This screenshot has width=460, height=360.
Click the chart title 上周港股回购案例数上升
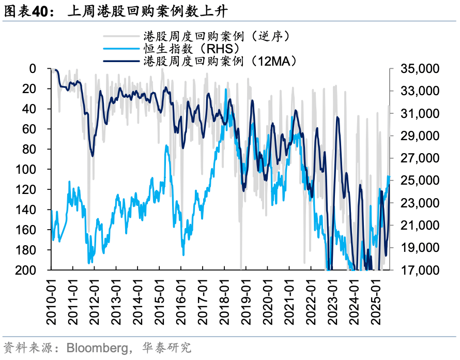[147, 11]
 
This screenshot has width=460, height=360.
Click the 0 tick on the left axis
[48, 69]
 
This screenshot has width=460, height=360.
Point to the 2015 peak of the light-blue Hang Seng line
[166, 146]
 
